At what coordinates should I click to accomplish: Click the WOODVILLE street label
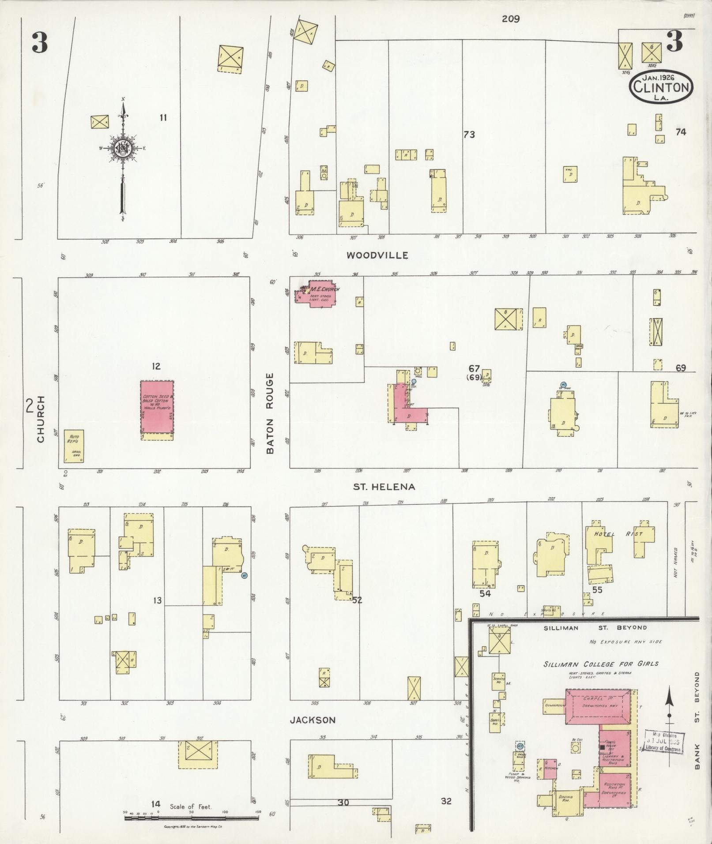(377, 255)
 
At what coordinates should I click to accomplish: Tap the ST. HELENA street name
(384, 487)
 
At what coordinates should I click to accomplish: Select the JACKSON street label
(313, 720)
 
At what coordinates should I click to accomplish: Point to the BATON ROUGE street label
(270, 413)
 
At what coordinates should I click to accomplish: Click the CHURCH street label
(41, 419)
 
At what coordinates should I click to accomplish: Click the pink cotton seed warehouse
(157, 406)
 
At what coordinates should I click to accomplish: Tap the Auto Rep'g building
(74, 446)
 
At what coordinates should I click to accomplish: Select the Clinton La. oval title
(661, 87)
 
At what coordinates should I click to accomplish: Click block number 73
(469, 135)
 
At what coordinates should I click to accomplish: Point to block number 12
(155, 366)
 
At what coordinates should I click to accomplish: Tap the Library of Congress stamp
(663, 742)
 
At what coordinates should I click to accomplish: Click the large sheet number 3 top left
(39, 43)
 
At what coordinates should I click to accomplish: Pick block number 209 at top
(510, 19)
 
